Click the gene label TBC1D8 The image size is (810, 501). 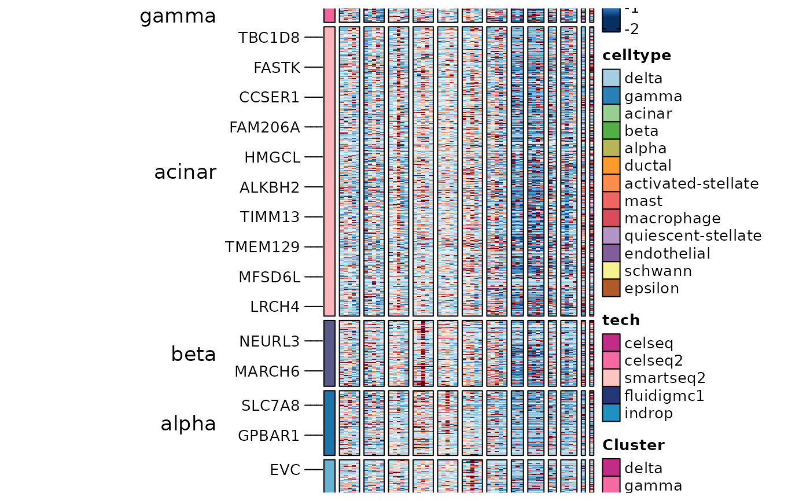coord(269,38)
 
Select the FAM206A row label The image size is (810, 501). coord(264,127)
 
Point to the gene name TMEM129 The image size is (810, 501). coord(263,248)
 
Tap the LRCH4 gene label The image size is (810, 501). coord(275,307)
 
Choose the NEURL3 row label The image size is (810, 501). coord(269,341)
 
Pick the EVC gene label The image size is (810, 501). coord(285,470)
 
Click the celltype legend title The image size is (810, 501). coord(636,56)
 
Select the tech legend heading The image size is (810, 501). coord(621,320)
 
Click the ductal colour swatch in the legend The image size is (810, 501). coord(611,166)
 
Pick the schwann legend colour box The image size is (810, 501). coord(611,271)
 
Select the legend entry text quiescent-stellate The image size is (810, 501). coord(693,236)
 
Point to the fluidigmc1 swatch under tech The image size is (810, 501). coord(611,396)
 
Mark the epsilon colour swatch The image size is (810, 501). coord(611,288)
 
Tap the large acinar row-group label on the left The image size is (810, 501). coord(185,172)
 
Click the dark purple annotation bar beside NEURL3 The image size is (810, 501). coord(329,353)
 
